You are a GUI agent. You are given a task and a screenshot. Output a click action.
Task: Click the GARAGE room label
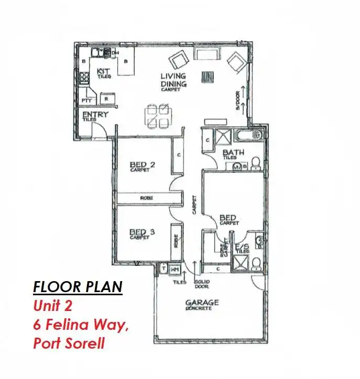click(x=202, y=303)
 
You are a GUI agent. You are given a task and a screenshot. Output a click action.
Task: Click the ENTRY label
click(x=95, y=115)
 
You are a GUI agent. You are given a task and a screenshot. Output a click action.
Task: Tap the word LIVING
click(x=173, y=77)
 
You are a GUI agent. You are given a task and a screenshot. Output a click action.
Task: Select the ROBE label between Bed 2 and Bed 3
click(x=146, y=199)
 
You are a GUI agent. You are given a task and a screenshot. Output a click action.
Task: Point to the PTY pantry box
click(x=86, y=100)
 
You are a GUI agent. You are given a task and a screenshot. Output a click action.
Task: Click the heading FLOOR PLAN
click(x=77, y=286)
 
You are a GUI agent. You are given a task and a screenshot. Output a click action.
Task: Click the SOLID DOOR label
click(x=202, y=285)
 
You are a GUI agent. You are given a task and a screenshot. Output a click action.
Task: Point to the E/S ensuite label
click(x=242, y=246)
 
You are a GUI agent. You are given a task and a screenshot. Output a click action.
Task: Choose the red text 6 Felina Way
click(x=80, y=325)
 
